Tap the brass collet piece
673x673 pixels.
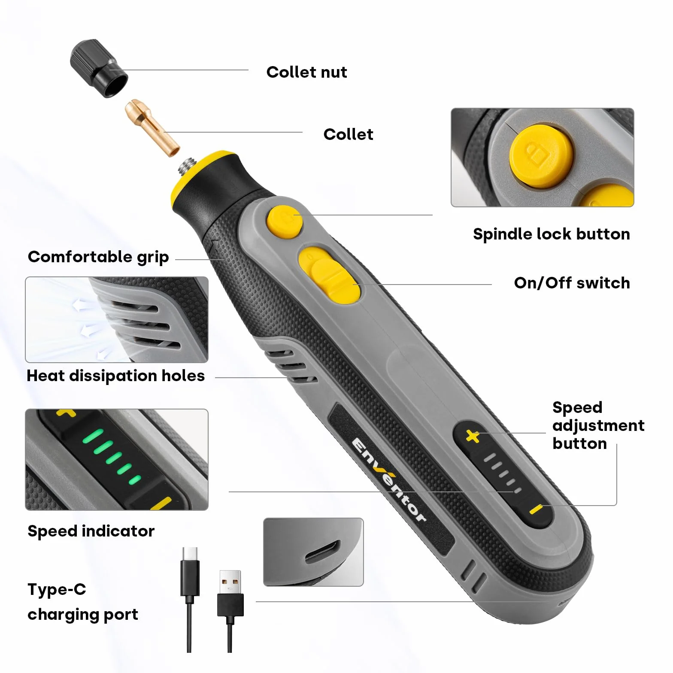click(152, 127)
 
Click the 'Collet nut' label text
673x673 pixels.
click(306, 72)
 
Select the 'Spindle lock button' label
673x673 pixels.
click(551, 234)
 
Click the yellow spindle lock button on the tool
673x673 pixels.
click(285, 221)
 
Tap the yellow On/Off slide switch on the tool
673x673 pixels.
click(330, 275)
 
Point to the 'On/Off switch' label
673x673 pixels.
click(572, 283)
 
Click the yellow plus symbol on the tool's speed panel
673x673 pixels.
click(473, 437)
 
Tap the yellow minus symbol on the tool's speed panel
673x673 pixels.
click(536, 509)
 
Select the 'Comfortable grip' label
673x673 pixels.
click(98, 257)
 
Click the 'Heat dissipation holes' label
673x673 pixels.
click(115, 376)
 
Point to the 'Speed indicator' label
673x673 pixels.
click(91, 531)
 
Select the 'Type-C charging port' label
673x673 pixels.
click(83, 602)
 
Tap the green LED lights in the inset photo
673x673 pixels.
click(111, 456)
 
